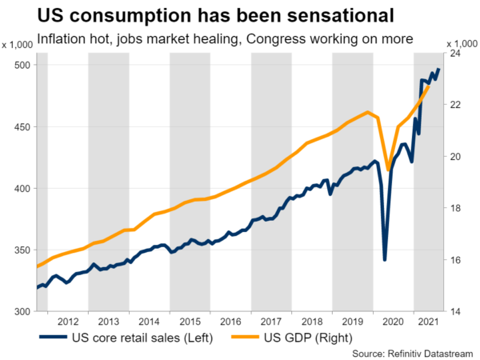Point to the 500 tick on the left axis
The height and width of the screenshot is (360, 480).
pyautogui.click(x=22, y=66)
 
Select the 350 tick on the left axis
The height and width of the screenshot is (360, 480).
pyautogui.click(x=22, y=250)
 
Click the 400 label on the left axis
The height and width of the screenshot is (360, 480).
pyautogui.click(x=22, y=189)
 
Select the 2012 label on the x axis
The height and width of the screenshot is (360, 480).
pyautogui.click(x=67, y=320)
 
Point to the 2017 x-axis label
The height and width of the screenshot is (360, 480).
pyautogui.click(x=271, y=320)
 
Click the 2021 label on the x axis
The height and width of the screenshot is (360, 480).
pyautogui.click(x=429, y=320)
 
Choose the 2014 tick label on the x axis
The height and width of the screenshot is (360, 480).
pyautogui.click(x=149, y=320)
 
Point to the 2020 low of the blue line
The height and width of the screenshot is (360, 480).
pyautogui.click(x=385, y=259)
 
